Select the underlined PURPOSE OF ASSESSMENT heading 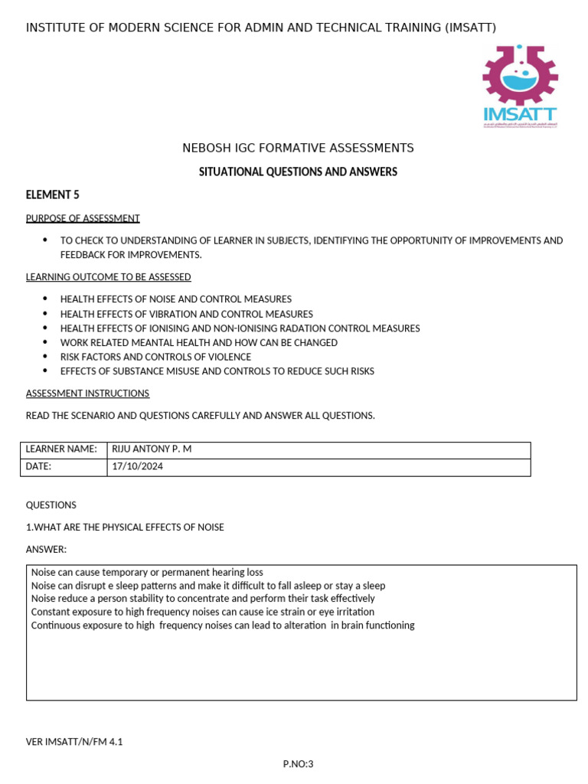(x=83, y=218)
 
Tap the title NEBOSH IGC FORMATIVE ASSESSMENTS (x=298, y=148)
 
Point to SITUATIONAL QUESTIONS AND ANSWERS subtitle (x=298, y=171)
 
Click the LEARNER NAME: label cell (x=62, y=449)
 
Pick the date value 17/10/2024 (x=138, y=465)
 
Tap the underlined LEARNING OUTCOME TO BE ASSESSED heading (x=109, y=276)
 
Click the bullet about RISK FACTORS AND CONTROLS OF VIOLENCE (x=155, y=357)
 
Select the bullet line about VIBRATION (x=186, y=314)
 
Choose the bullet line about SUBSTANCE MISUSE (x=217, y=371)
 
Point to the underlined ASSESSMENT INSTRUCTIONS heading (x=88, y=393)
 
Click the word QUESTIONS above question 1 (x=51, y=505)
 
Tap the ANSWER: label (x=47, y=549)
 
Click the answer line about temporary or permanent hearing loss (x=147, y=572)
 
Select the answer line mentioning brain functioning (x=222, y=625)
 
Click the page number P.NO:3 (x=299, y=763)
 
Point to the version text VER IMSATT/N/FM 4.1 (x=74, y=741)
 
